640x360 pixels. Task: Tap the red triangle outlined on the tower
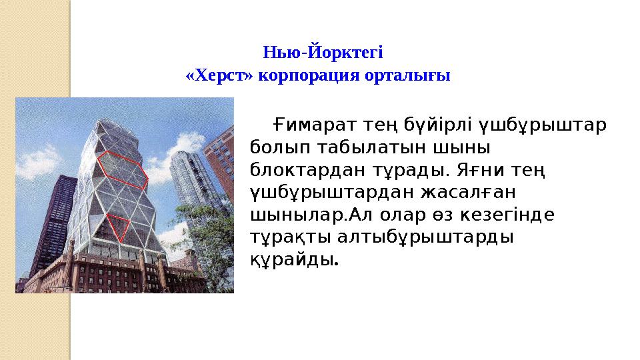pyautogui.click(x=119, y=225)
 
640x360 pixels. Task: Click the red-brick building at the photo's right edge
pyautogui.click(x=219, y=167)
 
